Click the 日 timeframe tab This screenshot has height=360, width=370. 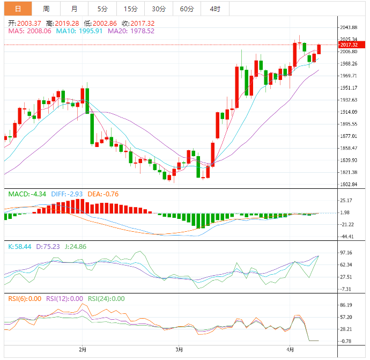point(18,9)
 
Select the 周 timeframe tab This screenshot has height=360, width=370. point(47,9)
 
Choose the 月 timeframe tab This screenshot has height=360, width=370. point(74,9)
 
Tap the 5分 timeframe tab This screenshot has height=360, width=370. point(102,9)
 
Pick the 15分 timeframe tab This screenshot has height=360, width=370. point(130,9)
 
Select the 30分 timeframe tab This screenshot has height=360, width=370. point(159,9)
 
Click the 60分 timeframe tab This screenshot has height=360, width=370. point(187,9)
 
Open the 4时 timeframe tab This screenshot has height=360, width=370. point(215,9)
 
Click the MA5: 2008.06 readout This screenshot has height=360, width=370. point(30,31)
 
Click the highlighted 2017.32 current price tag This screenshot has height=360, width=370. point(349,45)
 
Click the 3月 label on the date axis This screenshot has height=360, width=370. point(179,350)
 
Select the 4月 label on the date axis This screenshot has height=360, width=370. point(290,350)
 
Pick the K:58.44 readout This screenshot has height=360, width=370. point(19,246)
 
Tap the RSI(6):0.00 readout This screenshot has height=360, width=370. point(24,299)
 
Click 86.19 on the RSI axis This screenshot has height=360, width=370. point(347,305)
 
